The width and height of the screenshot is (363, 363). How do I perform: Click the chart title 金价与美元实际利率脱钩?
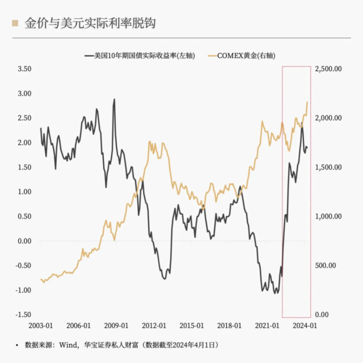[91, 23]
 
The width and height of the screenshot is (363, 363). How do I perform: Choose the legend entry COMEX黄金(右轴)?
[250, 56]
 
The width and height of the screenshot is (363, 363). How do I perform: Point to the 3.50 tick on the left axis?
[24, 69]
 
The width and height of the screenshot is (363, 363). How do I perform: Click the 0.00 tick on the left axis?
[24, 241]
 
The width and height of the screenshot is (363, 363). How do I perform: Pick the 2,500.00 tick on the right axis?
[329, 69]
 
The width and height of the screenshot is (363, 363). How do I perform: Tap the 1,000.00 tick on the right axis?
[329, 216]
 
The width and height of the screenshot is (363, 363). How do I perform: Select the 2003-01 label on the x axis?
[41, 326]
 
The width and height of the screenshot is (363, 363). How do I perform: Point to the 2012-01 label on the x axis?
[154, 326]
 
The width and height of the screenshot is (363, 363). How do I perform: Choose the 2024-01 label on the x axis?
[305, 326]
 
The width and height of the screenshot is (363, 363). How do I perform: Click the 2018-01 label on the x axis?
[229, 326]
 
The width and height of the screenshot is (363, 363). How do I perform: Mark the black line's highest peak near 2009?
[114, 99]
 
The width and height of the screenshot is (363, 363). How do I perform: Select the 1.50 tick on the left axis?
[24, 167]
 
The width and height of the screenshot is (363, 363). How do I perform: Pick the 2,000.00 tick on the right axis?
[329, 118]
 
